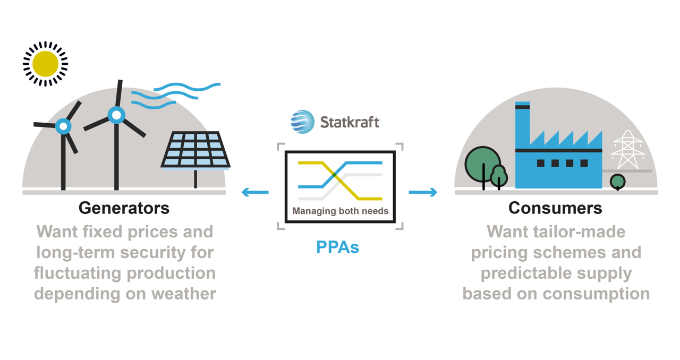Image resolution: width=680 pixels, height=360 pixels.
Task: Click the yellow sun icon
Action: click(45, 63)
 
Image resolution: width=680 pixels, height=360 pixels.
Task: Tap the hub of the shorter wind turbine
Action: click(64, 126)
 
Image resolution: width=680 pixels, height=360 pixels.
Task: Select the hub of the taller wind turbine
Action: click(116, 115)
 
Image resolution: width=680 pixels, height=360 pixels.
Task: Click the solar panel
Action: click(196, 150)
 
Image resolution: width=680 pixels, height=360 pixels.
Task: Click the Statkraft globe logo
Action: click(302, 122)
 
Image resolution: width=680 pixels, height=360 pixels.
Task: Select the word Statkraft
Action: click(350, 122)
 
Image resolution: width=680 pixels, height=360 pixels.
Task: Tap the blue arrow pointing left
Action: click(255, 192)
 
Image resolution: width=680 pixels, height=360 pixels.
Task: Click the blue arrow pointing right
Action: click(423, 192)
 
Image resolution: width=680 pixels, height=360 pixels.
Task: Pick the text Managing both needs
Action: click(340, 211)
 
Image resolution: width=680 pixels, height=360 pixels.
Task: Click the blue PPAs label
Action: click(337, 247)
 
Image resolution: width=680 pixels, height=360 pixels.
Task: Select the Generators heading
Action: click(124, 208)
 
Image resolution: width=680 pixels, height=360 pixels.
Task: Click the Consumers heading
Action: click(555, 208)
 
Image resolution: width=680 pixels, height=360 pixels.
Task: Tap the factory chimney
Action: click(522, 125)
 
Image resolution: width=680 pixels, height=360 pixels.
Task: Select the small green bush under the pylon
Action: click(617, 182)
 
